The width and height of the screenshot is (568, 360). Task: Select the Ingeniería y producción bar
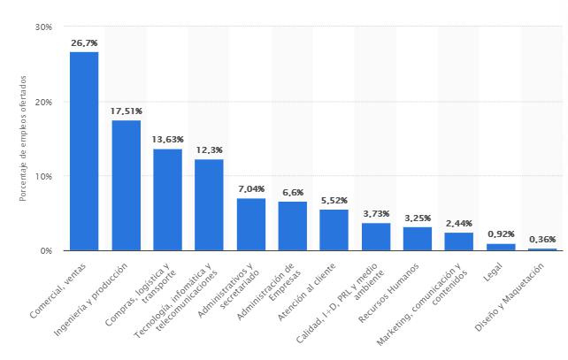click(126, 185)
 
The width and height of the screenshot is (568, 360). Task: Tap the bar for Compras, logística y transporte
click(167, 199)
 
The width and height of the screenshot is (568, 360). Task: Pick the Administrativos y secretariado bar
click(250, 224)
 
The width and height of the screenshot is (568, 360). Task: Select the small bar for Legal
click(500, 247)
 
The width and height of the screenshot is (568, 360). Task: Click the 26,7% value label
click(84, 42)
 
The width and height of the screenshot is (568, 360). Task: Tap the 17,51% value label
click(126, 111)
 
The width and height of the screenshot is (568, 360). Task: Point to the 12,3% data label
click(209, 149)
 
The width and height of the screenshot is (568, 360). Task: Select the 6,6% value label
click(292, 192)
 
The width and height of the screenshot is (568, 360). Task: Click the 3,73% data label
click(375, 213)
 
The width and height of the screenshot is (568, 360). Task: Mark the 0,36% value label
click(541, 239)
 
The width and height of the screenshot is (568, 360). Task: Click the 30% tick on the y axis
click(42, 27)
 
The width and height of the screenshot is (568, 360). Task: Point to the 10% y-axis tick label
click(42, 176)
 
